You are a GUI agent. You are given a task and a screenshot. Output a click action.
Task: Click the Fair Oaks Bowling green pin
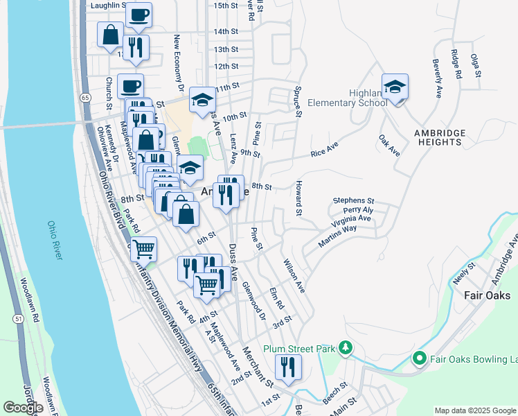419,358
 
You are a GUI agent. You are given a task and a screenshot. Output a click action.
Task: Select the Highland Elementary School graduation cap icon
395,87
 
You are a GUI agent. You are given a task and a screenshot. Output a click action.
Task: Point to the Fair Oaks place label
487,295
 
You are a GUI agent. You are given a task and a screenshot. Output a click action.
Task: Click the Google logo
23,408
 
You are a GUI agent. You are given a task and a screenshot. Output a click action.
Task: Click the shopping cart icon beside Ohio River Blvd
143,248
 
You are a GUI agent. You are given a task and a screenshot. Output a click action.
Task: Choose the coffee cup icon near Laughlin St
139,15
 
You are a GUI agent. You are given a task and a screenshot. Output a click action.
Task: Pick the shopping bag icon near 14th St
110,34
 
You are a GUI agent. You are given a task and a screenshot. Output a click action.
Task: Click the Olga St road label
475,66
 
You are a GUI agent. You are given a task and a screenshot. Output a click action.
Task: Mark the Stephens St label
353,200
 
